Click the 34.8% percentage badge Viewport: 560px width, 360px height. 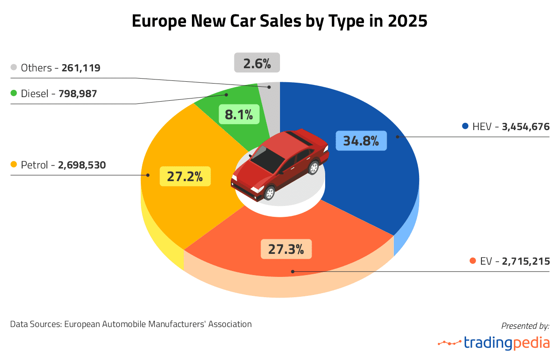click(x=361, y=140)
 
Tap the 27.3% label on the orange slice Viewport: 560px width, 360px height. click(x=286, y=248)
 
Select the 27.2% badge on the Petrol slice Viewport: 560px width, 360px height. click(x=185, y=176)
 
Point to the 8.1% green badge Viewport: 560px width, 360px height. click(x=239, y=114)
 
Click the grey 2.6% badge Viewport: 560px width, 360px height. click(x=257, y=63)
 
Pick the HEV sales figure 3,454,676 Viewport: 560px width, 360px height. click(x=525, y=127)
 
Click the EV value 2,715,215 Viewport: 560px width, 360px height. click(x=526, y=261)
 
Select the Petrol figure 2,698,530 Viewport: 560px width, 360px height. click(x=82, y=165)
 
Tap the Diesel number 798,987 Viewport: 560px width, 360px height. click(x=78, y=94)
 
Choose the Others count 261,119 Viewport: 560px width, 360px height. click(x=81, y=68)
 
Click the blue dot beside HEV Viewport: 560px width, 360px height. click(x=465, y=126)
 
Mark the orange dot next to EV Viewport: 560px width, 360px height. click(x=473, y=261)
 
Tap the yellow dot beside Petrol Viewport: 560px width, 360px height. click(x=14, y=165)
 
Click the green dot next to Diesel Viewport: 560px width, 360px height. click(x=14, y=94)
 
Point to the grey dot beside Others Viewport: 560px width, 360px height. click(x=14, y=68)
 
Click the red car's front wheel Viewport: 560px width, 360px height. click(x=269, y=193)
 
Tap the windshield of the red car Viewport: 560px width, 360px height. click(x=268, y=159)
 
